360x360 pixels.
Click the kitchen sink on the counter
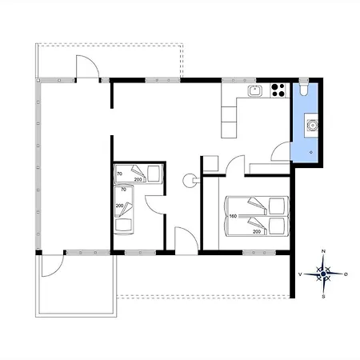point(255,90)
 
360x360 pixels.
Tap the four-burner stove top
point(278,90)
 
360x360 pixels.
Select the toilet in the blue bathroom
point(303,90)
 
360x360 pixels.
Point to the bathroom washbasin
point(312,125)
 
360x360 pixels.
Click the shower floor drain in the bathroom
point(311,152)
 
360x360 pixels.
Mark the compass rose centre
point(323,274)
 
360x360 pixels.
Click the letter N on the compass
point(324,251)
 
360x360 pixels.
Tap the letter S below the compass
point(323,297)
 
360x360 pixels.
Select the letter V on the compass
point(300,274)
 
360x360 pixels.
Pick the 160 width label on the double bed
point(233,216)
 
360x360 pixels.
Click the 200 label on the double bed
point(257,232)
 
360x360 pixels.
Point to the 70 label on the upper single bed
point(119,174)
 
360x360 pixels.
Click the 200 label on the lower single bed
point(119,206)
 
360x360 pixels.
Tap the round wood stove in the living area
point(189,180)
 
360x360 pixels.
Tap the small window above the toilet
point(303,80)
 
